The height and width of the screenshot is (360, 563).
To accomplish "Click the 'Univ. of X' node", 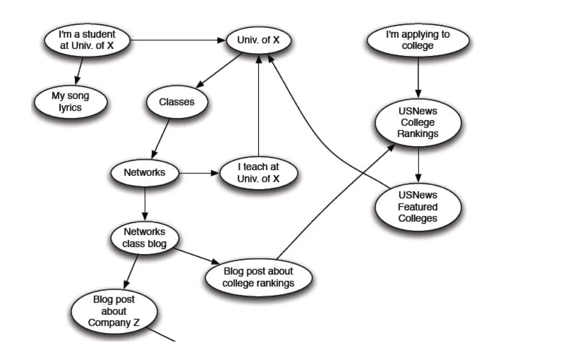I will (258, 40).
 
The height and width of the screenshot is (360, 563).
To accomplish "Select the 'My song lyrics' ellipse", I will (70, 101).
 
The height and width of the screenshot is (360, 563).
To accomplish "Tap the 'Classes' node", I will (176, 102).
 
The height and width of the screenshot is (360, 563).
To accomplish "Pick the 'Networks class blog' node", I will (145, 238).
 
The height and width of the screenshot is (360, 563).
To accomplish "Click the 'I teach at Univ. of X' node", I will (258, 173).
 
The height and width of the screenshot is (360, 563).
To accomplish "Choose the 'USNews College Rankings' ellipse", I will (418, 122).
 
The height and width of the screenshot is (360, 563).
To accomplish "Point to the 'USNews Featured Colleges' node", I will (418, 207).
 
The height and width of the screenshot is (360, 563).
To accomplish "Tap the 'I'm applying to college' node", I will (418, 40).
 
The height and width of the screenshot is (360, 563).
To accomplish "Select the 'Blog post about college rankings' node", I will (258, 277).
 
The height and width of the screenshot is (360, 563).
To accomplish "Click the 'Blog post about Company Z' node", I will (114, 311).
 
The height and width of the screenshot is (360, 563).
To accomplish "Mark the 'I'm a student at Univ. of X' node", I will (87, 40).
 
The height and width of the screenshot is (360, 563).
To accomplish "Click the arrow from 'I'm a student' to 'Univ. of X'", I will (177, 40).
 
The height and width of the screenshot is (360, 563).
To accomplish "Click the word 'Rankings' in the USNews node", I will (418, 134).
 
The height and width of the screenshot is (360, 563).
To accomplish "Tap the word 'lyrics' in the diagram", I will (70, 108).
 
